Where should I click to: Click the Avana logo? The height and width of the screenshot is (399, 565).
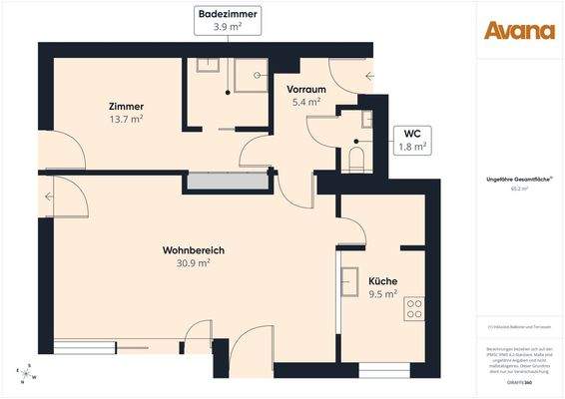coord(519,30)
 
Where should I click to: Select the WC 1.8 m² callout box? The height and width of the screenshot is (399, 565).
coord(411,140)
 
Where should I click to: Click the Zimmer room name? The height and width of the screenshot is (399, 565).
coord(127,107)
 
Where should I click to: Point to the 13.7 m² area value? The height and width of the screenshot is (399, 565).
coord(127,120)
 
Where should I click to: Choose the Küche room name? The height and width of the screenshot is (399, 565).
coord(382,280)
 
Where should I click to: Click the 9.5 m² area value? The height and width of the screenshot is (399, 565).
coord(382,293)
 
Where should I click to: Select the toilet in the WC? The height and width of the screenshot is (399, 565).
coord(357,159)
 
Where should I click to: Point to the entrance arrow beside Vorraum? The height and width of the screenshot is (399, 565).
coord(370,75)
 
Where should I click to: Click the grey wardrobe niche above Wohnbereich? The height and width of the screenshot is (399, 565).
coord(228,183)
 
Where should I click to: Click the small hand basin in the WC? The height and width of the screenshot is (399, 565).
coord(367,120)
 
